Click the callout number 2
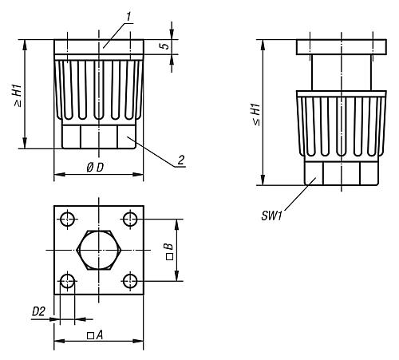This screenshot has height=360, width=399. pyautogui.click(x=182, y=160)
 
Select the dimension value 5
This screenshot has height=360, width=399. pyautogui.click(x=164, y=47)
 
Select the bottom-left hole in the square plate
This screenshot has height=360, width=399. pyautogui.click(x=67, y=281)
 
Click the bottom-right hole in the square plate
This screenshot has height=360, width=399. pyautogui.click(x=131, y=281)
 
